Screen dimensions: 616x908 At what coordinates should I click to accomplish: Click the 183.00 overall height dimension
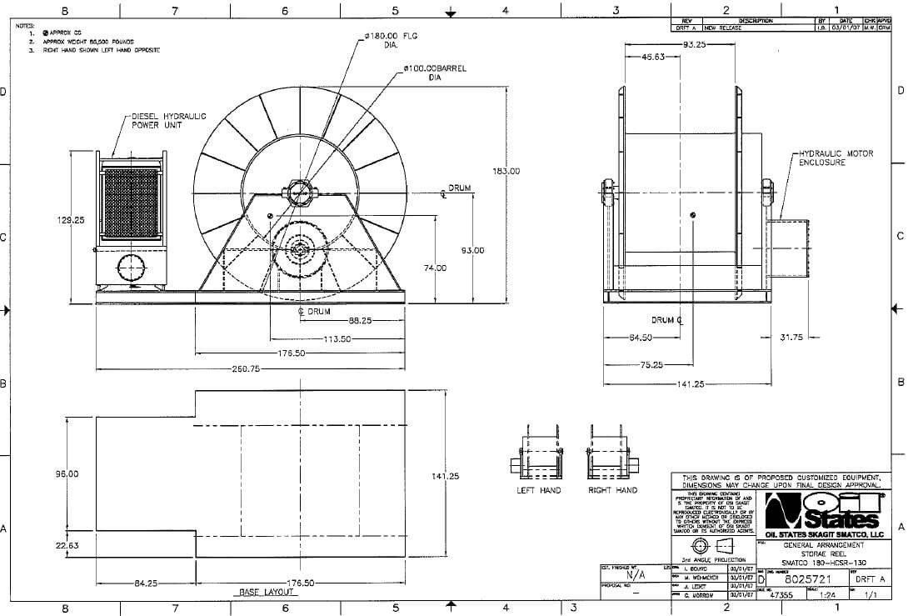[506, 171]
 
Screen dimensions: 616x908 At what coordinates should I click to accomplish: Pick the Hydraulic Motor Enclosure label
[836, 158]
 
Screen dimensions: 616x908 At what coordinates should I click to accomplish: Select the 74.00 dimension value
[435, 268]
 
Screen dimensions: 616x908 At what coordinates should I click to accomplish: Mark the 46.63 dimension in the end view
[653, 58]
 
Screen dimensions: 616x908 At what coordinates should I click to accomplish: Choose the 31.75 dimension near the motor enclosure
[791, 338]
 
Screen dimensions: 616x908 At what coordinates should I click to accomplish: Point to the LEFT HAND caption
[539, 490]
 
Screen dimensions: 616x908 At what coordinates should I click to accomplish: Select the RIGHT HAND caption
[612, 490]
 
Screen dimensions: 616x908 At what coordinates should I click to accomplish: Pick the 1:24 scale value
[829, 596]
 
